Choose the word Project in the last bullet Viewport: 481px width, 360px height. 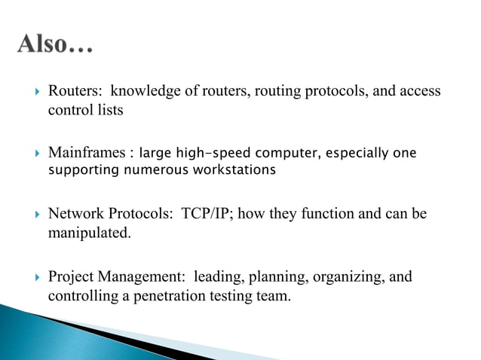(x=69, y=277)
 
